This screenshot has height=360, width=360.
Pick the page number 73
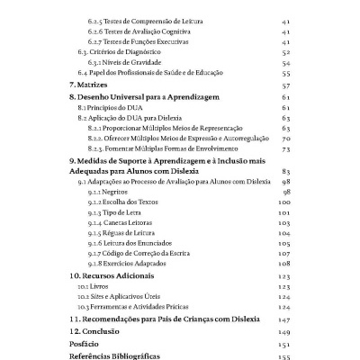pos(285,149)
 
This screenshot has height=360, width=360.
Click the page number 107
pos(284,254)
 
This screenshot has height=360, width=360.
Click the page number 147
pos(284,319)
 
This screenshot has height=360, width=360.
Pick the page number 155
pos(284,356)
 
